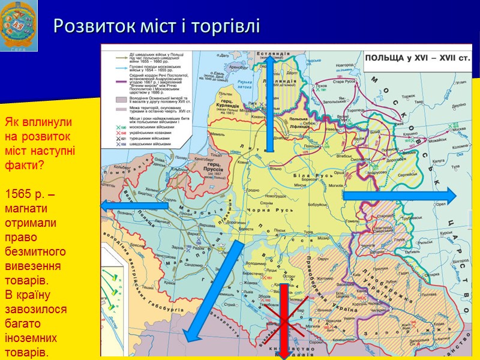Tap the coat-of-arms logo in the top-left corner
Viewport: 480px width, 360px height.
point(19,25)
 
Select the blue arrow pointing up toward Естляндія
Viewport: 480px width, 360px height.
point(269,102)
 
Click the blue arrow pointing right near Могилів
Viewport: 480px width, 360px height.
point(399,195)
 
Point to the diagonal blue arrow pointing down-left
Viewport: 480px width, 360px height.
point(213,291)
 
